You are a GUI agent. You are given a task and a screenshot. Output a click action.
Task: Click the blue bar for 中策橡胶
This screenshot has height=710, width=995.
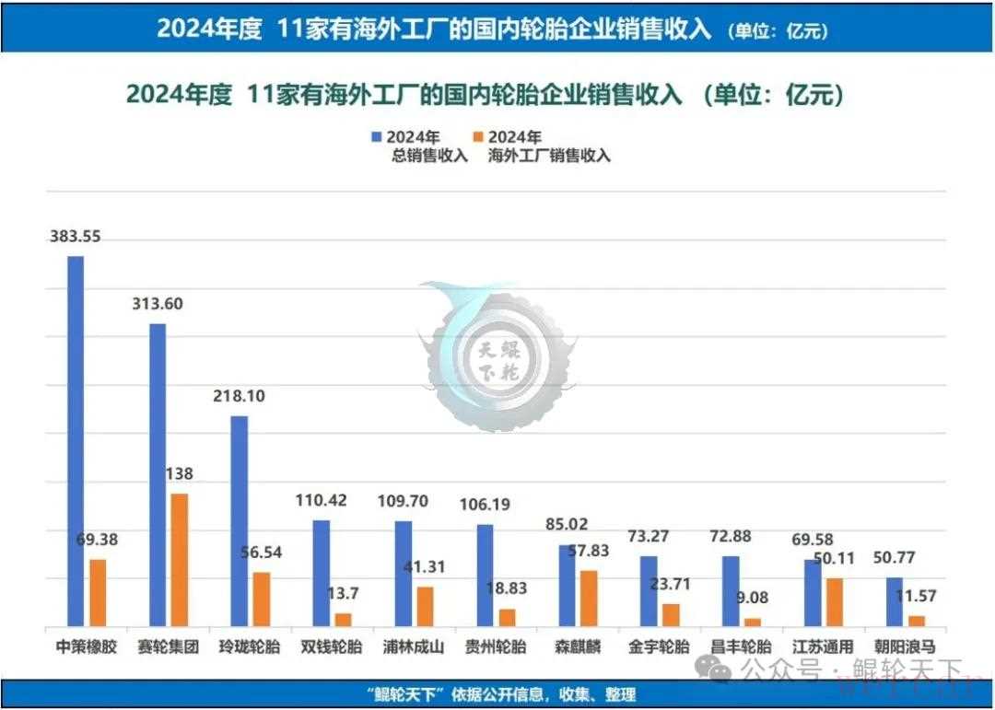click(76, 440)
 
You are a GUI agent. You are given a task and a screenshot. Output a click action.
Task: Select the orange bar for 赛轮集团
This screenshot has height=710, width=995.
click(180, 559)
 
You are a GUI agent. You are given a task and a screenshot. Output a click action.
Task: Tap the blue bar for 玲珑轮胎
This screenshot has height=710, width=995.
click(239, 520)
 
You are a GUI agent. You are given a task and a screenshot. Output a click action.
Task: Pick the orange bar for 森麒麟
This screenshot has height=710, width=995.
click(588, 598)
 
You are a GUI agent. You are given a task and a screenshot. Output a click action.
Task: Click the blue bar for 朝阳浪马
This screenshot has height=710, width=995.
click(894, 601)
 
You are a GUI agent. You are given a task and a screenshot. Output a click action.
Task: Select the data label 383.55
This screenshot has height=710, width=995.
click(76, 237)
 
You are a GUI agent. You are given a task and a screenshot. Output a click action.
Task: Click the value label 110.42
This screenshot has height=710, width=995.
click(321, 501)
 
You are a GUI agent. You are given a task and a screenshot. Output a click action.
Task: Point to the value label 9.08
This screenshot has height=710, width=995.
click(753, 598)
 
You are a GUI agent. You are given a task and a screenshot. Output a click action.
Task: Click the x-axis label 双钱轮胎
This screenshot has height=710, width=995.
click(332, 646)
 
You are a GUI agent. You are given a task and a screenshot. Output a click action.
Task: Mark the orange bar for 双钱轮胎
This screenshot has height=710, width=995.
click(343, 619)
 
